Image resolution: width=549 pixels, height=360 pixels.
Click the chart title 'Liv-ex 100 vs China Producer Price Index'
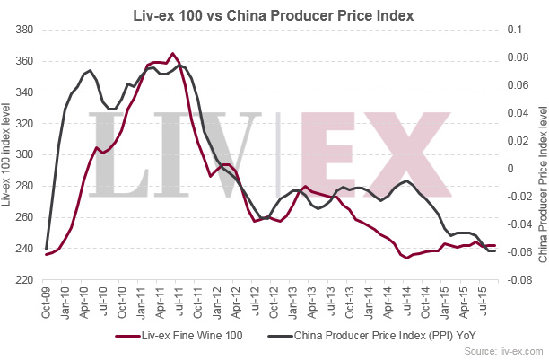(x=274, y=14)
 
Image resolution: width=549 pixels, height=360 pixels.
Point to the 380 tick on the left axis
(x=24, y=30)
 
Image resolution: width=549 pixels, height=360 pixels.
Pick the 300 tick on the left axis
(x=24, y=154)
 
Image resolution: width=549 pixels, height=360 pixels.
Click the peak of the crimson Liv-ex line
(x=172, y=53)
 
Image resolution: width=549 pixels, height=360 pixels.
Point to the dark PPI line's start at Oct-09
(x=46, y=249)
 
